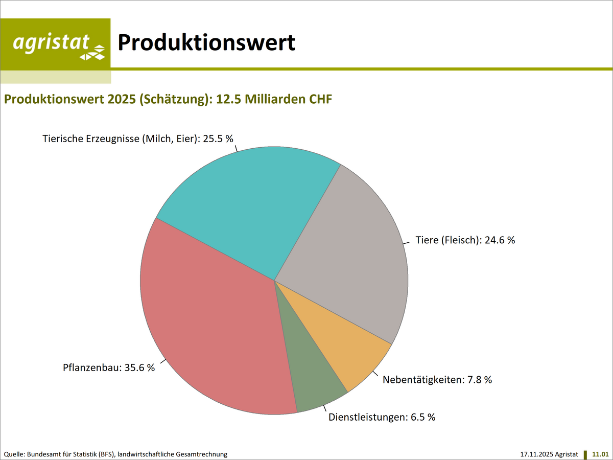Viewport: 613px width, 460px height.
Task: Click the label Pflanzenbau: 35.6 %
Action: [x=108, y=367]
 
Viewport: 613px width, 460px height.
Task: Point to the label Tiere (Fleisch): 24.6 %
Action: [x=465, y=240]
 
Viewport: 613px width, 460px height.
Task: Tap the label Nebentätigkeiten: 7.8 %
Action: [x=437, y=380]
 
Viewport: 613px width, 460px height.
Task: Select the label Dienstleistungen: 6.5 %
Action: [x=382, y=417]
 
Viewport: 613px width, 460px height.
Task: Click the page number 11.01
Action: [x=600, y=454]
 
